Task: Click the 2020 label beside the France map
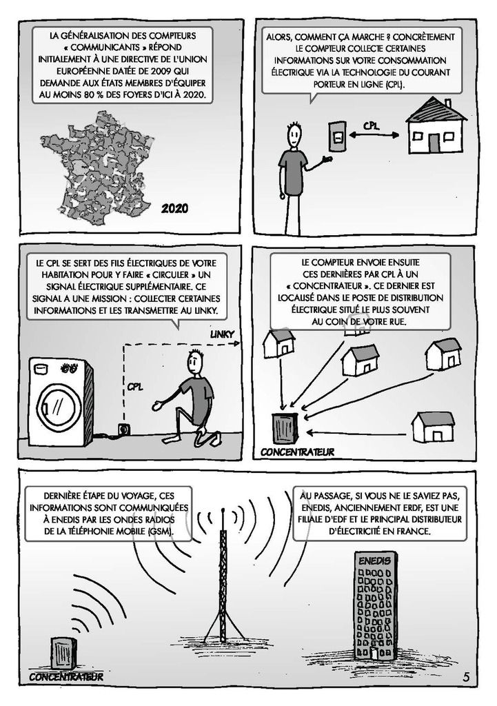click(x=174, y=208)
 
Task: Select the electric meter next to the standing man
click(x=337, y=136)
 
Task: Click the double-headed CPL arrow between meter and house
click(x=374, y=134)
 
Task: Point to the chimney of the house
click(x=447, y=103)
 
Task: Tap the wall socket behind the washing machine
click(x=122, y=430)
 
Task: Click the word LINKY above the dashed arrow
click(x=223, y=334)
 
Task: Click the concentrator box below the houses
click(x=285, y=428)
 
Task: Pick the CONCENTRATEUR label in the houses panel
click(x=297, y=452)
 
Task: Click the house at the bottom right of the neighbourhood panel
click(x=434, y=427)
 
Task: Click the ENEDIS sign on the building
click(x=374, y=561)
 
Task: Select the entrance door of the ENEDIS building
click(x=374, y=655)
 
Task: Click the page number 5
click(x=466, y=676)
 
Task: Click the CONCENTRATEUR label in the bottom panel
click(x=66, y=676)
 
